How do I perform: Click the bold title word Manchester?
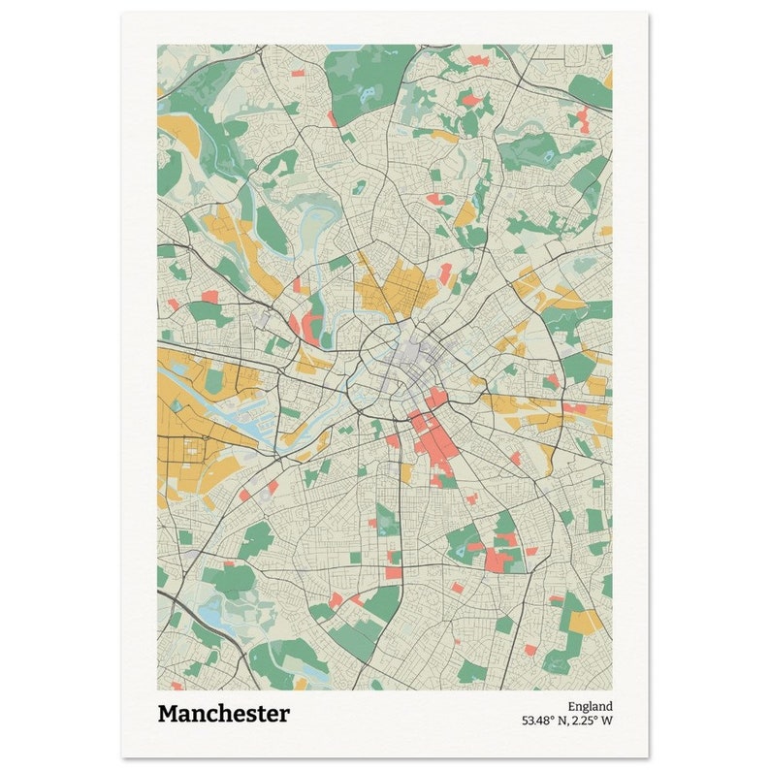[x=223, y=714]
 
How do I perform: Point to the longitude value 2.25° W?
[x=593, y=721]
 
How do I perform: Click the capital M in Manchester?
[x=168, y=714]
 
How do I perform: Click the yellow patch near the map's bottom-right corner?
[x=586, y=620]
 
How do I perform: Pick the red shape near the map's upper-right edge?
[x=582, y=118]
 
